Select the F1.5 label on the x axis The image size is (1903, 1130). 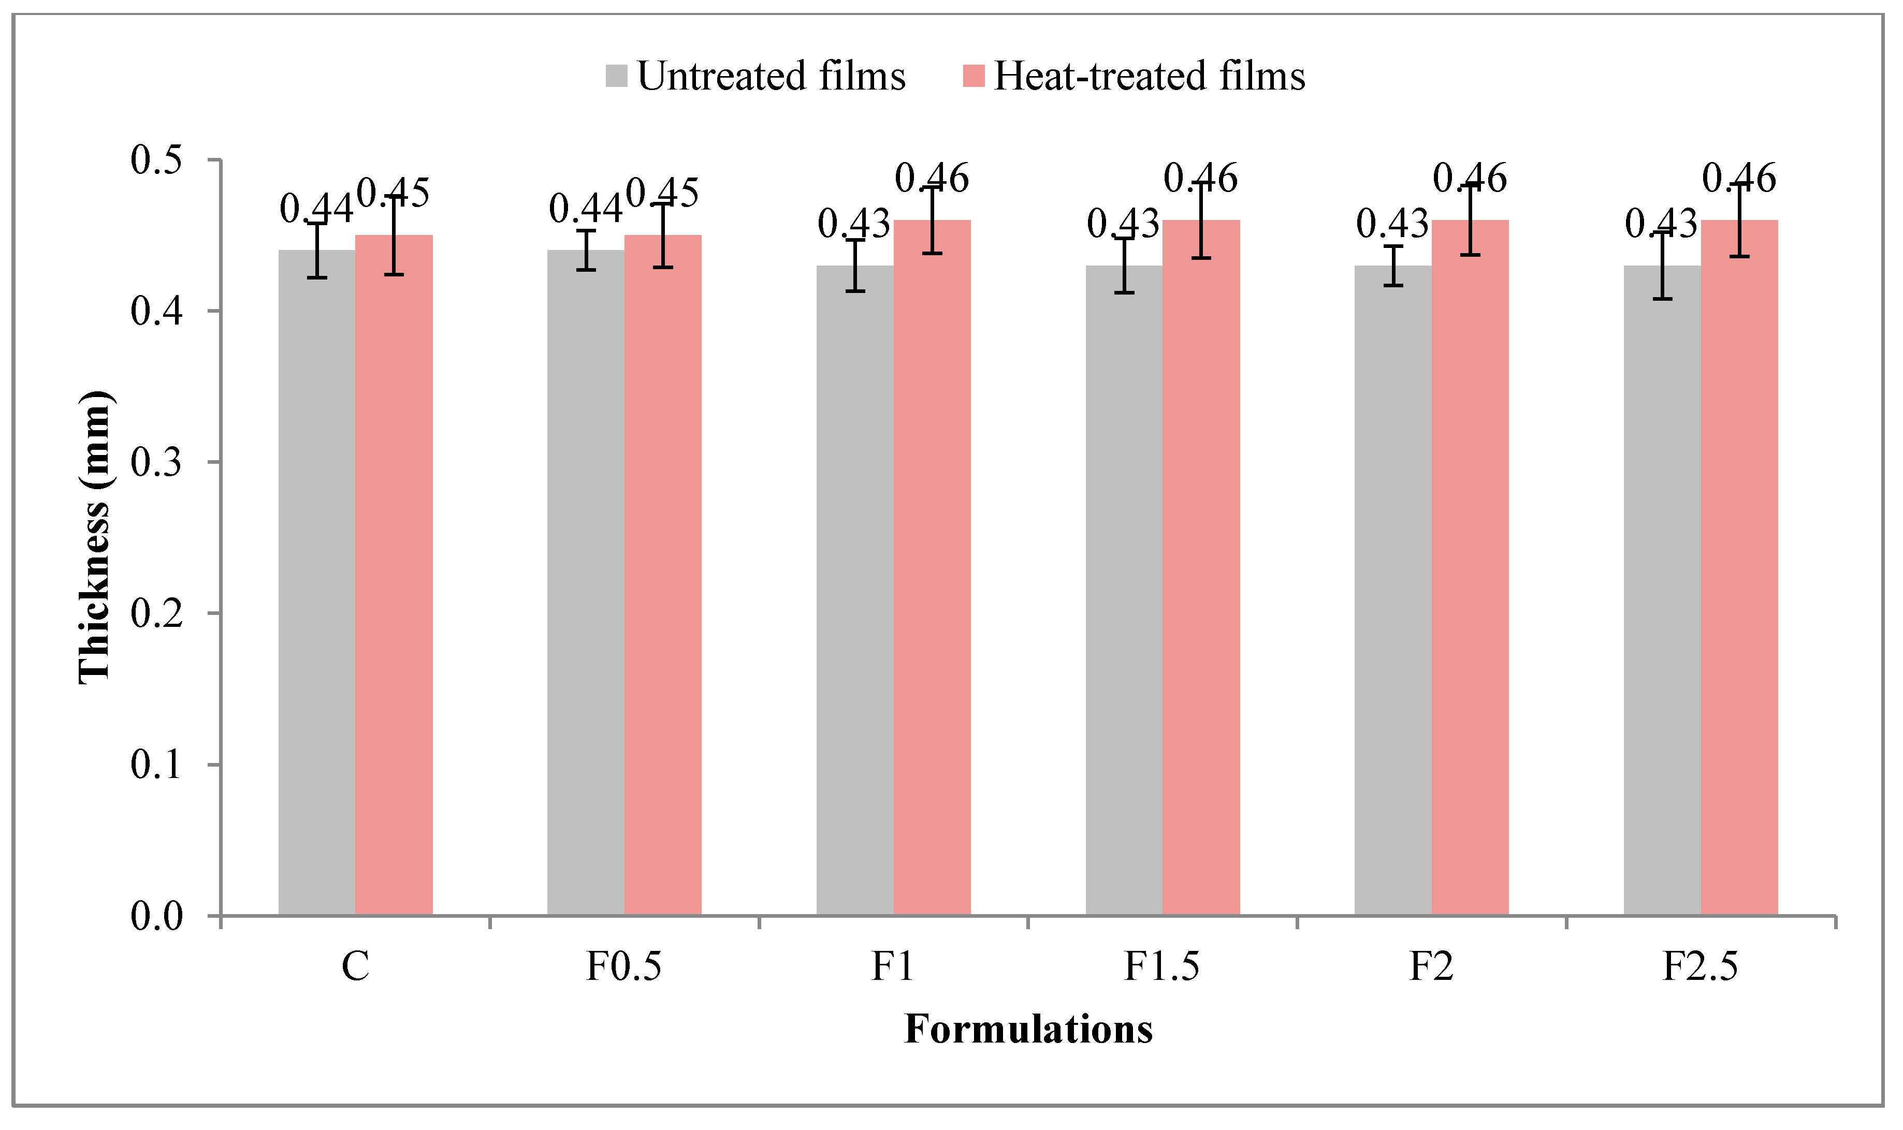click(1161, 967)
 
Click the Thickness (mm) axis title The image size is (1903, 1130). click(95, 537)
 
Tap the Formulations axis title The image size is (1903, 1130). click(1028, 1030)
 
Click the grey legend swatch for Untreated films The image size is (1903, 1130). click(616, 76)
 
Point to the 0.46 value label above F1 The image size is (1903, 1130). click(932, 178)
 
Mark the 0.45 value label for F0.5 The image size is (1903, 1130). click(662, 194)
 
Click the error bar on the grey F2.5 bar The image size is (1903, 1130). click(1662, 266)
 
